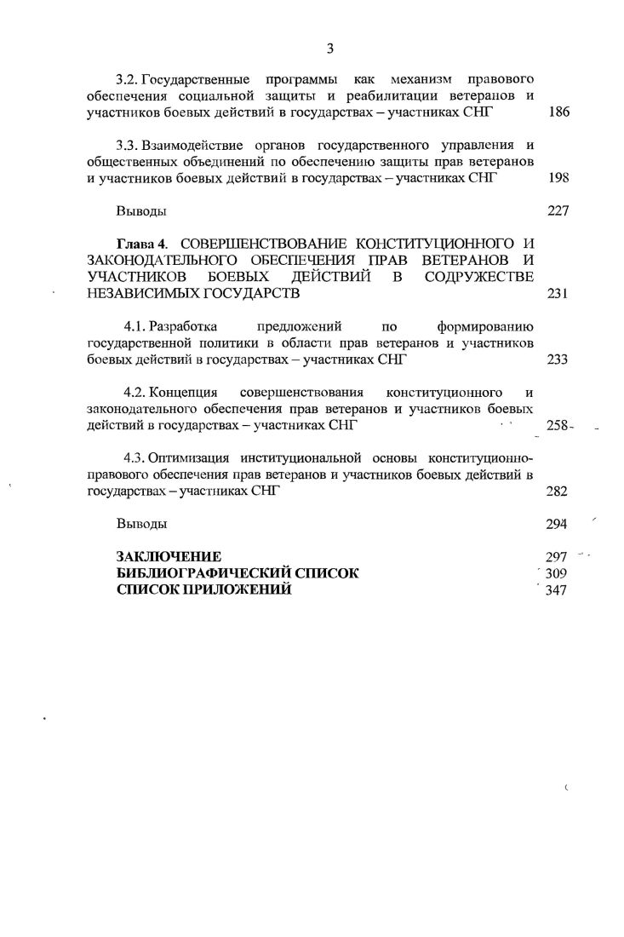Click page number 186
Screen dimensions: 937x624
point(558,112)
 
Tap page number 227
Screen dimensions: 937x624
point(558,210)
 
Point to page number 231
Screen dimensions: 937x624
point(558,293)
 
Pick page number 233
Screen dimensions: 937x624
point(558,359)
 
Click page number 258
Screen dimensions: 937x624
point(557,425)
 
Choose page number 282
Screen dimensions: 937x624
point(558,491)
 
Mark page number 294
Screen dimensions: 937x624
point(557,523)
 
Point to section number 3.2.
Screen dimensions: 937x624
point(127,79)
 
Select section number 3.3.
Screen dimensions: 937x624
point(127,145)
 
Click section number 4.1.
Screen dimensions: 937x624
point(136,326)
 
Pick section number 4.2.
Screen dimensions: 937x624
point(136,393)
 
